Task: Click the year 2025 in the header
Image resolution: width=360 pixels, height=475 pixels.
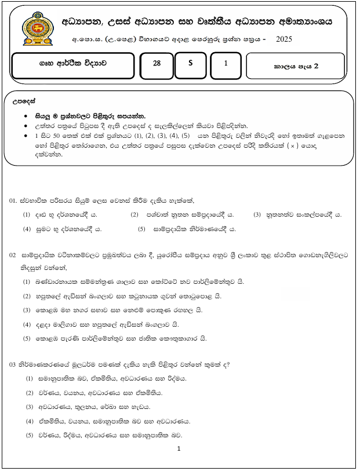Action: (284, 39)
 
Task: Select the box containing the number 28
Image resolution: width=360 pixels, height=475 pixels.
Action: (157, 65)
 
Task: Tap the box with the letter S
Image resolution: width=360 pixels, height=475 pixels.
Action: (190, 65)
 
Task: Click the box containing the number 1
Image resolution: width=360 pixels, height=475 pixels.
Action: (226, 65)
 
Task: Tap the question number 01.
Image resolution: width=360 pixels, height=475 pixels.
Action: (13, 200)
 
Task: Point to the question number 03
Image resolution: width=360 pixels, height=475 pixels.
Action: (13, 364)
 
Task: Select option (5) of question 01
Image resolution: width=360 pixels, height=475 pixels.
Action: (142, 229)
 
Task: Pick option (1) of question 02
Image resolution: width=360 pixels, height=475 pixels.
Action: (27, 282)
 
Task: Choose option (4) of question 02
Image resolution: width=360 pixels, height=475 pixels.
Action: (27, 324)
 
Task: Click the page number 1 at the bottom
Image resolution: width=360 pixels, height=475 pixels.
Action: (179, 448)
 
